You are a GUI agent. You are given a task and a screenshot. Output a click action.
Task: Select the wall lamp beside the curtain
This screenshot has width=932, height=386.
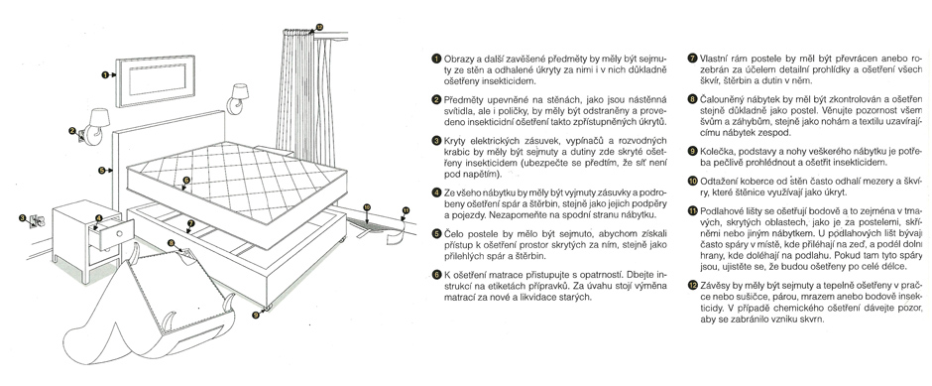click(x=238, y=97)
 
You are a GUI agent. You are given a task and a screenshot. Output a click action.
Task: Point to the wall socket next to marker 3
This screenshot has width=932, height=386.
click(x=36, y=220)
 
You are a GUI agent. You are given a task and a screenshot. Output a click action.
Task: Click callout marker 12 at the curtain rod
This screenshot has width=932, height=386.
click(x=319, y=27)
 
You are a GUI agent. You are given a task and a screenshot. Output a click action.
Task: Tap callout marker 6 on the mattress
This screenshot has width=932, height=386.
click(x=186, y=180)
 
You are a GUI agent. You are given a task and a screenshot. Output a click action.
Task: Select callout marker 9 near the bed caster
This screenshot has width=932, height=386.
click(x=256, y=316)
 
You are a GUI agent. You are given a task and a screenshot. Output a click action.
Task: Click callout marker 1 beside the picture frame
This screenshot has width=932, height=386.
click(x=105, y=75)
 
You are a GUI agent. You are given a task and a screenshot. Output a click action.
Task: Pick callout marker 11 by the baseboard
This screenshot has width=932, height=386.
click(x=406, y=210)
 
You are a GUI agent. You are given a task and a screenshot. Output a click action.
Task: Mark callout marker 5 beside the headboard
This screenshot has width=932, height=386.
click(x=102, y=170)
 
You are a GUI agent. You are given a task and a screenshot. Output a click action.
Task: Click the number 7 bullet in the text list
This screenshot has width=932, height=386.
click(x=692, y=59)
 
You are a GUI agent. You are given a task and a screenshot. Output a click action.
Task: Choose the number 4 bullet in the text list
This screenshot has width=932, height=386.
click(x=436, y=193)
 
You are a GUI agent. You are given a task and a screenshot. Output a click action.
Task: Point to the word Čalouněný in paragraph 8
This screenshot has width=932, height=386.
click(x=722, y=98)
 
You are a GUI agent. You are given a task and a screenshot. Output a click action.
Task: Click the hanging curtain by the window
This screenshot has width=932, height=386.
click(x=295, y=89)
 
